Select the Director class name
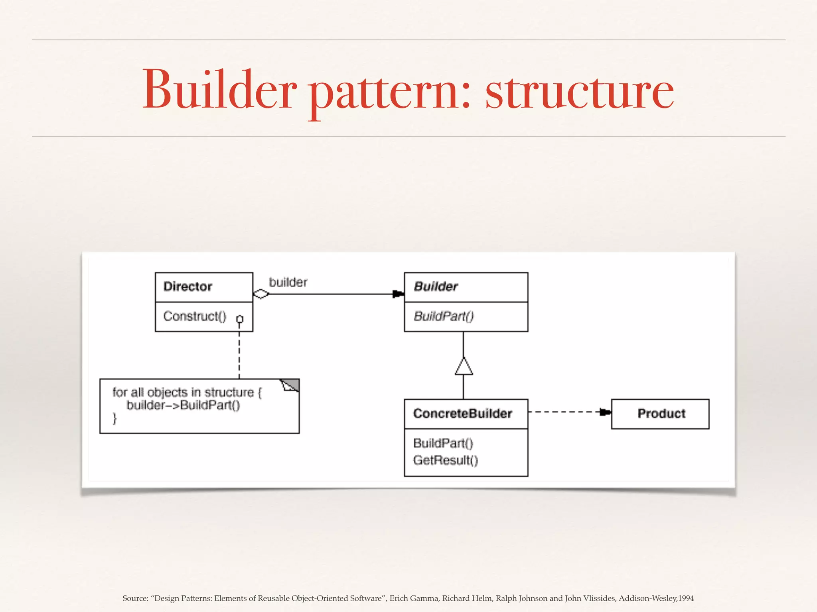click(x=187, y=286)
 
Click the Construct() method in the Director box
click(x=195, y=316)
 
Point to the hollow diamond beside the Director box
click(x=261, y=294)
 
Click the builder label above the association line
click(x=288, y=282)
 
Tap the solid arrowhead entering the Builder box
click(x=398, y=294)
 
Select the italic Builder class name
click(x=436, y=286)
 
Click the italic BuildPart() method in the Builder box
click(x=444, y=316)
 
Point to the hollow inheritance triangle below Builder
click(x=464, y=367)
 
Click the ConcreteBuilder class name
click(x=462, y=414)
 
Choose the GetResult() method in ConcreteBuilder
click(x=446, y=460)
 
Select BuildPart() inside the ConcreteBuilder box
click(x=443, y=443)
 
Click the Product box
click(x=660, y=414)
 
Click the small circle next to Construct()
click(x=240, y=319)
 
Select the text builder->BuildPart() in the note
click(x=184, y=405)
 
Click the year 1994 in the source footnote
click(x=686, y=598)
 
